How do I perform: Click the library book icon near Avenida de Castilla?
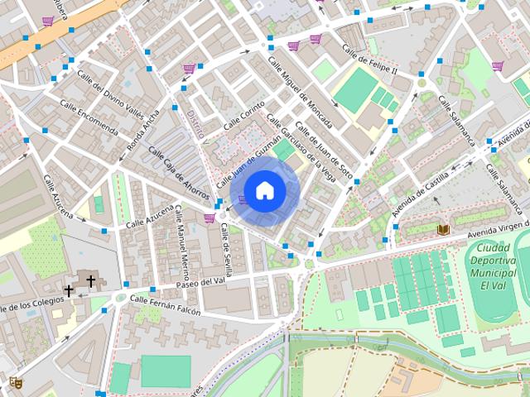(441, 229)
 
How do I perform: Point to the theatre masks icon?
(14, 382)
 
